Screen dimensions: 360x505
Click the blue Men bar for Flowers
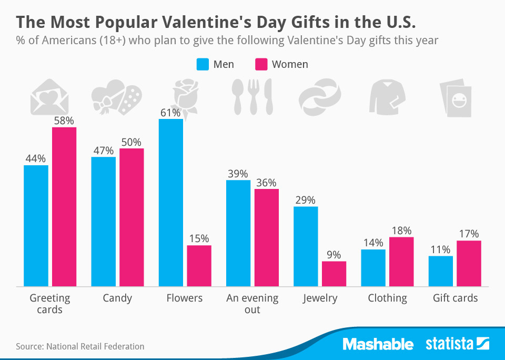pyautogui.click(x=171, y=203)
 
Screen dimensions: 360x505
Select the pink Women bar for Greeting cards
pyautogui.click(x=64, y=207)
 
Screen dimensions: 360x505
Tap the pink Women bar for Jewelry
pyautogui.click(x=334, y=274)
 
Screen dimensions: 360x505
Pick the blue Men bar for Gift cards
pyautogui.click(x=441, y=271)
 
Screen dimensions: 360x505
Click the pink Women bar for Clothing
pyautogui.click(x=401, y=262)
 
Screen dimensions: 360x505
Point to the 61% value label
pyautogui.click(x=171, y=113)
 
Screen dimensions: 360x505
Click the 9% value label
pyautogui.click(x=334, y=255)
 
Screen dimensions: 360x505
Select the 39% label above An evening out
pyautogui.click(x=238, y=174)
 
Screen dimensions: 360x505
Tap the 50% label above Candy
pyautogui.click(x=132, y=142)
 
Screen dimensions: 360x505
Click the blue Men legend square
pyautogui.click(x=203, y=64)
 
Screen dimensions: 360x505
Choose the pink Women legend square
pyautogui.click(x=261, y=64)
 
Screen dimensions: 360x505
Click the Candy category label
pyautogui.click(x=117, y=298)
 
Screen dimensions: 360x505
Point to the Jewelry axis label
pyautogui.click(x=320, y=298)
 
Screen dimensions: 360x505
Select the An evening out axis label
pyautogui.click(x=252, y=304)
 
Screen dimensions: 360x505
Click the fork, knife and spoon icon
pyautogui.click(x=252, y=97)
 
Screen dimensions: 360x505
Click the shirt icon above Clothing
pyautogui.click(x=388, y=97)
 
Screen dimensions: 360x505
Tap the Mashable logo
pyautogui.click(x=378, y=345)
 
